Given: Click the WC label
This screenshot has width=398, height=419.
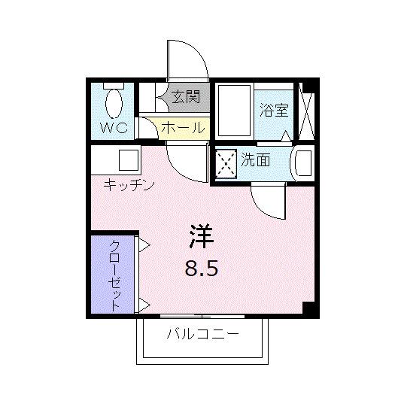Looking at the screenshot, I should (x=114, y=127).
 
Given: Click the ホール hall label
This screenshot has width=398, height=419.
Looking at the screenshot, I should (x=182, y=128).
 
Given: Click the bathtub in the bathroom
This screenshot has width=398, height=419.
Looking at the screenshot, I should (x=232, y=110).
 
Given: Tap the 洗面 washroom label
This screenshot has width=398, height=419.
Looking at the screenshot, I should (x=256, y=159).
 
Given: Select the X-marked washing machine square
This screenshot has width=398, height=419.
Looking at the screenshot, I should (x=226, y=161).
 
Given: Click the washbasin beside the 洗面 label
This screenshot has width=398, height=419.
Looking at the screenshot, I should (x=302, y=162).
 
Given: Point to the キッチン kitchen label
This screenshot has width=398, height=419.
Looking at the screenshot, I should (x=129, y=184).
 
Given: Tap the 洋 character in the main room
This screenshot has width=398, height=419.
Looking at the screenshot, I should (x=200, y=237).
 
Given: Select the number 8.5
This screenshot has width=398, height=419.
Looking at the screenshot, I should (x=201, y=268).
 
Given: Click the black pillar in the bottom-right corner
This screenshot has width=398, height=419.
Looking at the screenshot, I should (x=308, y=308).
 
